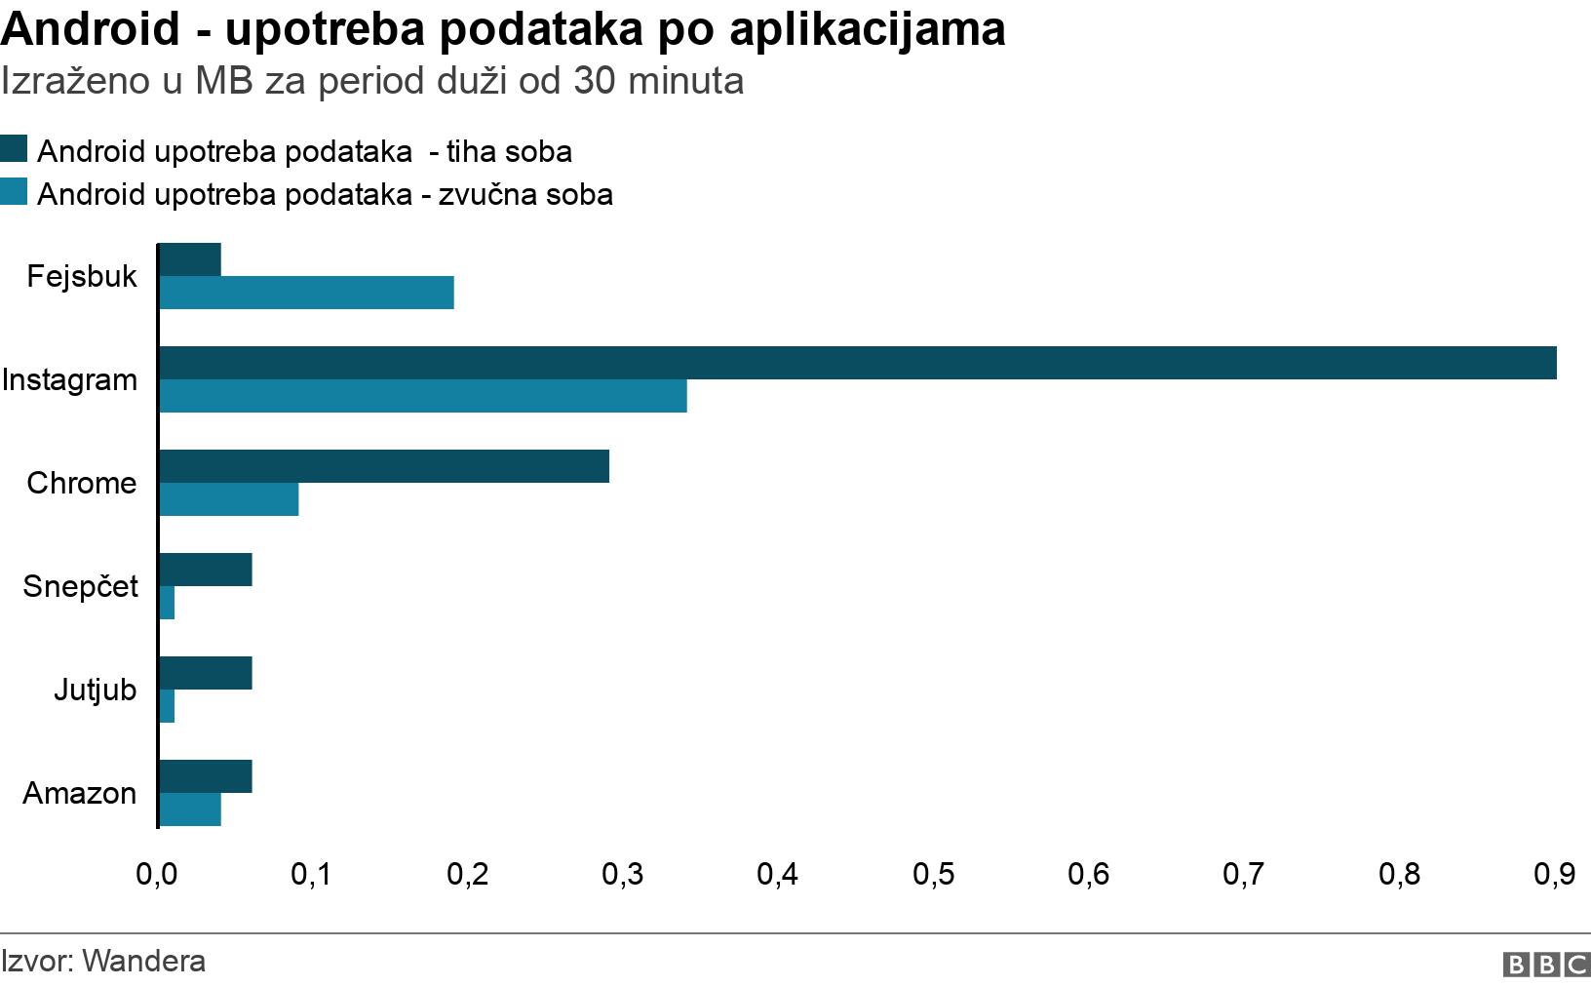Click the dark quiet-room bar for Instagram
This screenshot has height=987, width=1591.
pos(857,363)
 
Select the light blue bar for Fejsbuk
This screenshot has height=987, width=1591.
pos(306,293)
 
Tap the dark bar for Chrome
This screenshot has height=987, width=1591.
pos(383,466)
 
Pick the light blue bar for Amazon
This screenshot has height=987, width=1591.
pos(190,809)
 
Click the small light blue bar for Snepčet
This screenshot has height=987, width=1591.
pos(167,603)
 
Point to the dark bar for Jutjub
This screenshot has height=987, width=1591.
pos(206,673)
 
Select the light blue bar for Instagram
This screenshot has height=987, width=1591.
pos(422,396)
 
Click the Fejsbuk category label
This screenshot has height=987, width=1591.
pos(82,276)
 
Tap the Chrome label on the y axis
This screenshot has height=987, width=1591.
pos(81,483)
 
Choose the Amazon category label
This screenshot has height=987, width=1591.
pos(79,793)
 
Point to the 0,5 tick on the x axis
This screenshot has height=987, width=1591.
pos(933,874)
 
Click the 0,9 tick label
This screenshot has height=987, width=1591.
pos(1554,874)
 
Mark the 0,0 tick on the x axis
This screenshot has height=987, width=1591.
pos(157,874)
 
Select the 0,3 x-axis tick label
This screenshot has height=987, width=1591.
pos(623,874)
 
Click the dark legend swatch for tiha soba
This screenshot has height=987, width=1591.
pos(14,149)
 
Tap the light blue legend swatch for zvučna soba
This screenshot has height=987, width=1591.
pos(14,192)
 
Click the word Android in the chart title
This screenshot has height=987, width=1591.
pos(91,29)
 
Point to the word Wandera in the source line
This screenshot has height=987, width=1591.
pos(144,961)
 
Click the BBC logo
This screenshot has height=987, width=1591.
pos(1546,965)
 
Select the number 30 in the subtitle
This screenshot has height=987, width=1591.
pos(594,81)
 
